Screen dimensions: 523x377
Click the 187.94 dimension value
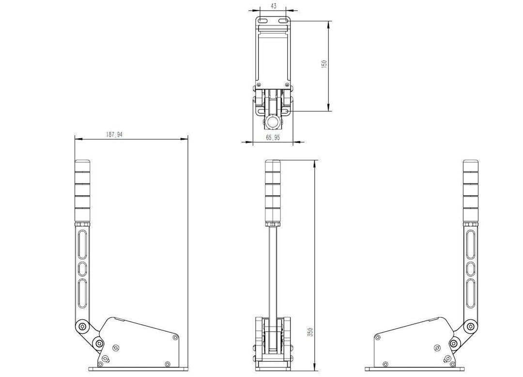click(114, 134)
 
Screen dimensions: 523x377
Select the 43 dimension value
click(273, 6)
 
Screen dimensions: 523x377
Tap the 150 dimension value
click(324, 64)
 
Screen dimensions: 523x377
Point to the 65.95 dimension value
click(273, 137)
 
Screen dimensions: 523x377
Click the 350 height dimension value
click(310, 332)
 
